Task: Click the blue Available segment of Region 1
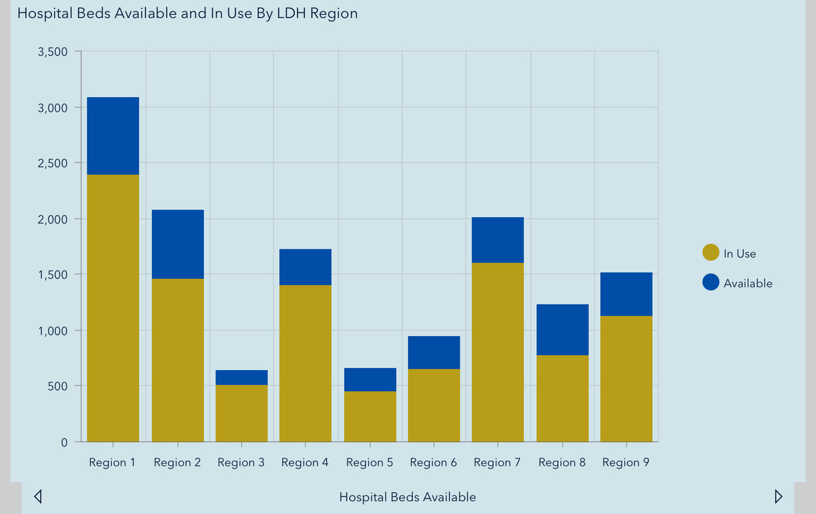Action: (x=113, y=136)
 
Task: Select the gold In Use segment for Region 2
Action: (x=177, y=360)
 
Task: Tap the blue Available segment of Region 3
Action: (x=241, y=378)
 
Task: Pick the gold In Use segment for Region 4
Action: (x=305, y=363)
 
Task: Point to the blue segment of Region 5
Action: (x=370, y=380)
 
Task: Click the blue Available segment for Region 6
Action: (x=434, y=352)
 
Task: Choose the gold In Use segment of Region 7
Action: (x=498, y=352)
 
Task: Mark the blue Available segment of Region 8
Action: (x=563, y=330)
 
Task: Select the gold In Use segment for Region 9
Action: (x=626, y=378)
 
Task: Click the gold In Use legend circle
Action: (x=711, y=253)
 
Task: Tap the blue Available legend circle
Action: (x=711, y=283)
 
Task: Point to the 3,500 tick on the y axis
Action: (x=53, y=52)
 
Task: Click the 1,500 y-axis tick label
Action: (x=53, y=275)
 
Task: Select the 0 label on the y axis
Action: (x=64, y=443)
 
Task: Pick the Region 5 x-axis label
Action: (x=369, y=463)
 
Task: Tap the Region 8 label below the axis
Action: (x=562, y=463)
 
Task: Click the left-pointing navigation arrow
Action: (x=38, y=497)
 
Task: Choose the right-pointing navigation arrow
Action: (x=779, y=496)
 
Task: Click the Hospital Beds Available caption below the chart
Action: (x=408, y=497)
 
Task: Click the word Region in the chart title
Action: (x=334, y=13)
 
